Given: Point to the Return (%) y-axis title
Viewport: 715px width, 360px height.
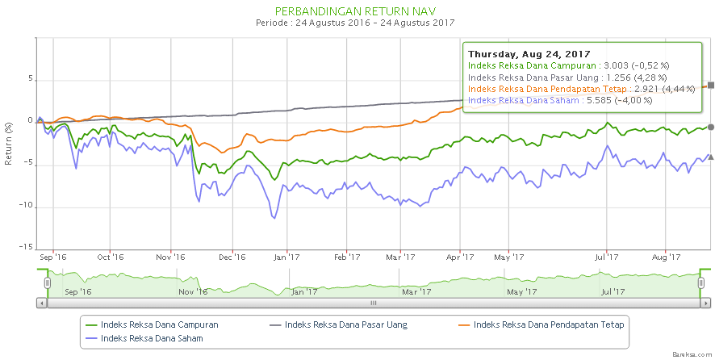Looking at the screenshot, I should coord(8,144).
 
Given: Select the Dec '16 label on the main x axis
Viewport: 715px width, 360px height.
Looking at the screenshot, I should coord(232,257).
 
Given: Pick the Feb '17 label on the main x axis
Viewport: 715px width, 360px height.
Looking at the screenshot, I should coord(346,257).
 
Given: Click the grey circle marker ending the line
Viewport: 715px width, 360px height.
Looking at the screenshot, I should coord(710,127).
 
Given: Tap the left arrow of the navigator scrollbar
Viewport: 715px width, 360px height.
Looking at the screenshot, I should coord(41,303).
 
